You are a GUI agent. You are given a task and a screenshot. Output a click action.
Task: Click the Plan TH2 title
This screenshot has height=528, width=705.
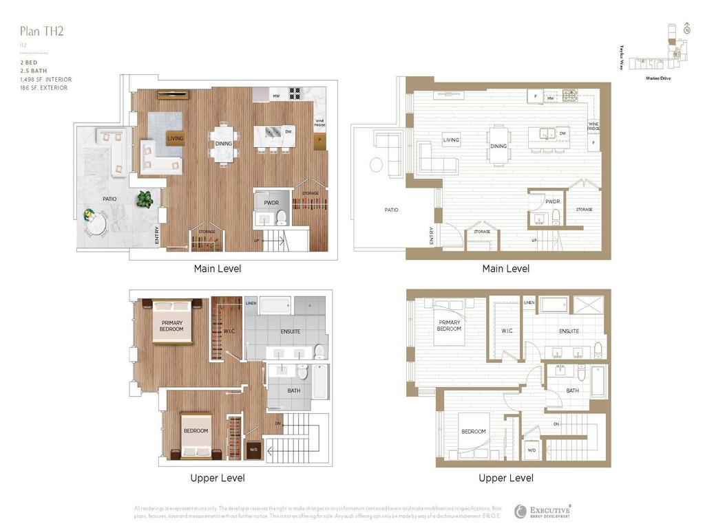42,31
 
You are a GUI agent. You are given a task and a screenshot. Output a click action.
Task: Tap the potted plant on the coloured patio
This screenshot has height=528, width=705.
145,199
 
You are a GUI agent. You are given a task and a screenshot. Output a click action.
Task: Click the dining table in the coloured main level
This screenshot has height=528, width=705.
224,144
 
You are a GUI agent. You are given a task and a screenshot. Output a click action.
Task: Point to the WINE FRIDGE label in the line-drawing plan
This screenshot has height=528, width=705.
593,126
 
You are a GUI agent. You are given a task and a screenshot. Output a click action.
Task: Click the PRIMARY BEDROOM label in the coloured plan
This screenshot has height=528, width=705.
171,326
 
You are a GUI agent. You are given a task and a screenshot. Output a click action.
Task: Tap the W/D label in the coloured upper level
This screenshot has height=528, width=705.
253,451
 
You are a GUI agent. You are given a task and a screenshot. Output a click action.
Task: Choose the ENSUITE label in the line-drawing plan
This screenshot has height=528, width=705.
569,331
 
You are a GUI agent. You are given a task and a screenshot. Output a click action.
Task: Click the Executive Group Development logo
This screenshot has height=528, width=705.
542,511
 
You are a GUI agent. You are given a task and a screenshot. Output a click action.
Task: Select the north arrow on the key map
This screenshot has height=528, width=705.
686,28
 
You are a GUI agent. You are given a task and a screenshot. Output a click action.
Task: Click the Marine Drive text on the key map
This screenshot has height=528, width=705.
658,78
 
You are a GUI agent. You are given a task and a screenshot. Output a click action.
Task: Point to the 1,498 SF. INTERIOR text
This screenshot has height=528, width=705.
45,80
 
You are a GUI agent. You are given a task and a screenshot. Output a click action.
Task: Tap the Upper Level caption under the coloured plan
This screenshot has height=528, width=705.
218,478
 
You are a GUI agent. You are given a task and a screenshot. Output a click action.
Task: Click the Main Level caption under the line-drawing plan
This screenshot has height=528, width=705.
506,269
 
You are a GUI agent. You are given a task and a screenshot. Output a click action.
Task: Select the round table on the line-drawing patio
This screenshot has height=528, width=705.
377,165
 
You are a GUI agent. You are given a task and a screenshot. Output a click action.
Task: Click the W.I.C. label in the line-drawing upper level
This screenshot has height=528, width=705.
507,331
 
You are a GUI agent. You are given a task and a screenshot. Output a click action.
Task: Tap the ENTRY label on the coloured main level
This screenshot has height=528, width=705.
158,235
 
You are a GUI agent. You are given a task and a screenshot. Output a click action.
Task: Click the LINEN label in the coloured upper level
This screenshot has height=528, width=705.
251,303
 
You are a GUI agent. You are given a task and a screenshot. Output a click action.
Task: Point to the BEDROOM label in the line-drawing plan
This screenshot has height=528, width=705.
473,432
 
